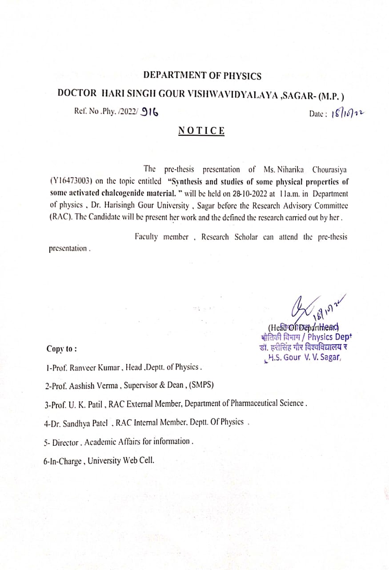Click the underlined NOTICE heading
point(201,130)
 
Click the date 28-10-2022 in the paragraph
point(250,194)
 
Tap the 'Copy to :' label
point(62,349)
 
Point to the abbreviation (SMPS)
point(201,385)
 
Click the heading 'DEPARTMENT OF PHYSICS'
point(202,76)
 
